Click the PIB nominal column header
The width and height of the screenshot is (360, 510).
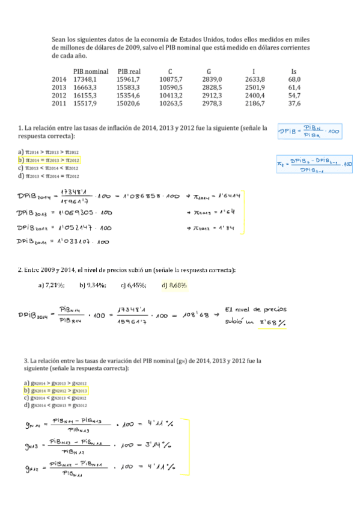(x=91, y=71)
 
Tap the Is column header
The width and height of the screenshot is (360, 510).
(x=293, y=71)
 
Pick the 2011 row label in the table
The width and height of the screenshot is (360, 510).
(x=59, y=103)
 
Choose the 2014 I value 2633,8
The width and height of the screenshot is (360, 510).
(x=255, y=79)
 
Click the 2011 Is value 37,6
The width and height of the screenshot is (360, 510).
(x=294, y=103)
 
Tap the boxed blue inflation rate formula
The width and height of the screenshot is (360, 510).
(x=314, y=164)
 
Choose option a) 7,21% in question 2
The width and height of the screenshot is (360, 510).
(x=51, y=285)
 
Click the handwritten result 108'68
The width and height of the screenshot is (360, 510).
(x=194, y=315)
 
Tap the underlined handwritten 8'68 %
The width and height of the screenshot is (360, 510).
(x=272, y=322)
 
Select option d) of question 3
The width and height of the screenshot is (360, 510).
(x=55, y=405)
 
